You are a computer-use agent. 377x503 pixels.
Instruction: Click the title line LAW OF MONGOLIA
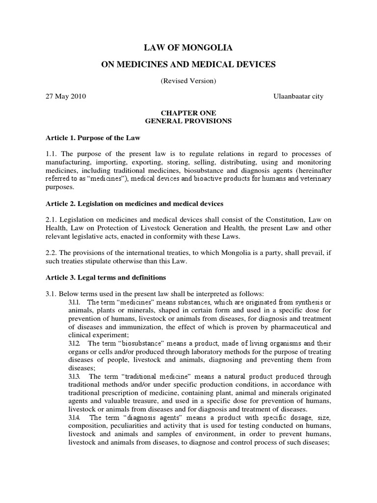(188, 48)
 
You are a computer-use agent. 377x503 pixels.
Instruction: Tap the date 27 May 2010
(66, 96)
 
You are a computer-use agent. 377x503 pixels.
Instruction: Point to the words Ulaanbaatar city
(298, 96)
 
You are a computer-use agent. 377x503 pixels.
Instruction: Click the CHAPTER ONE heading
(188, 113)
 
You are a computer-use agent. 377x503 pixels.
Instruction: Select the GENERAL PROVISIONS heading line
(188, 121)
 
